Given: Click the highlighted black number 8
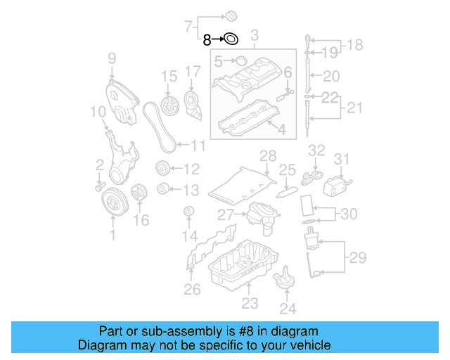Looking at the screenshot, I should pos(207,40).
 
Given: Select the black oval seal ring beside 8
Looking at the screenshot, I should pos(231,40).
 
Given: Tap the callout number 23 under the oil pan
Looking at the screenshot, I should pos(250,304).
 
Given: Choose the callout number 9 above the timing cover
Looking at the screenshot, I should pos(112,58).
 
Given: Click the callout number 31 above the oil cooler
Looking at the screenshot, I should pos(341,160).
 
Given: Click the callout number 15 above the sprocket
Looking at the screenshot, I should pos(168,75).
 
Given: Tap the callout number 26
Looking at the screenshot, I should pos(191,288).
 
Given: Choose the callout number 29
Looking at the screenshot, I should pos(358,258).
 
